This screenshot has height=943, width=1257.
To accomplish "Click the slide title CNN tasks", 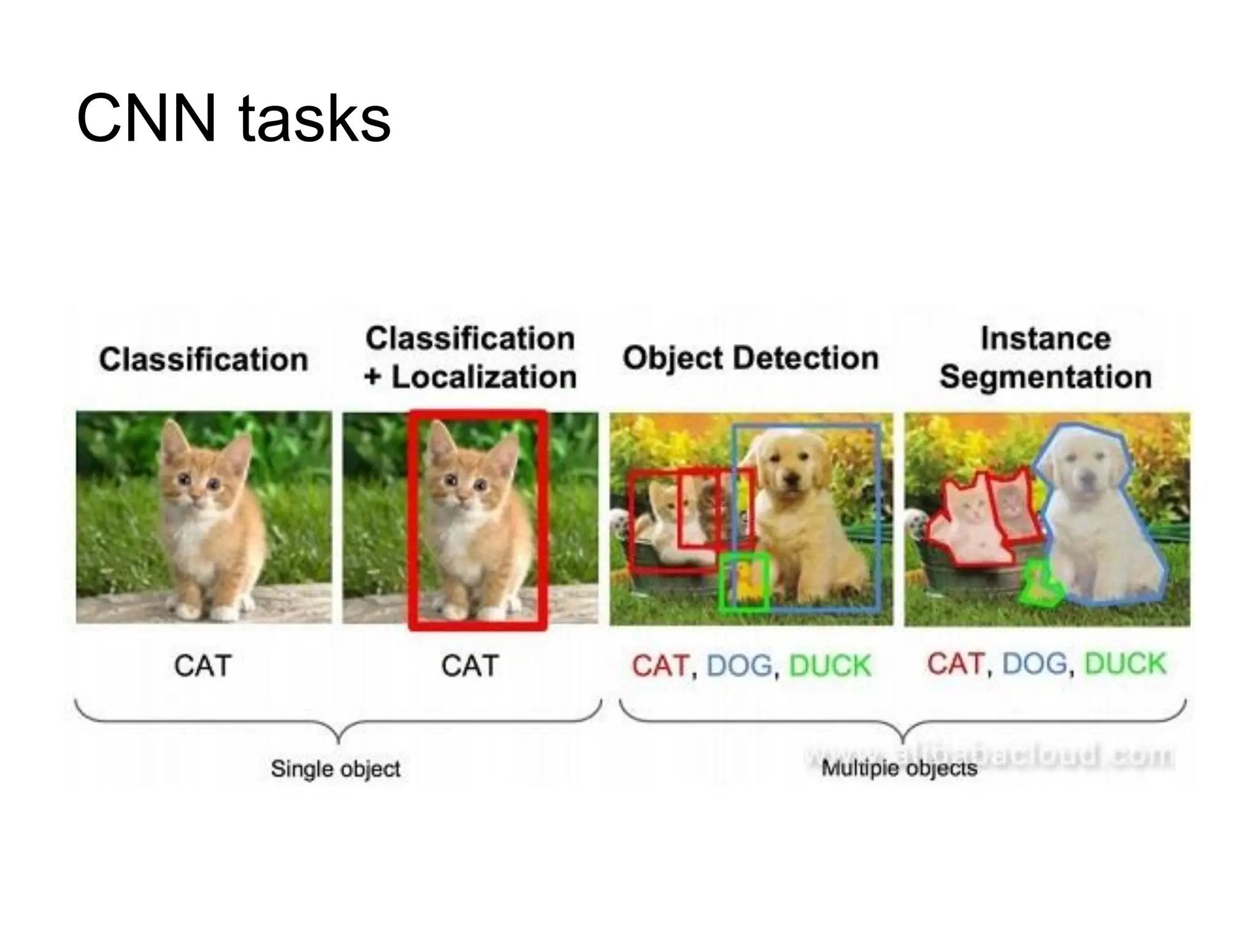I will [x=233, y=118].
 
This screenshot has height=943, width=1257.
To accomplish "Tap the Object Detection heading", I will [x=750, y=358].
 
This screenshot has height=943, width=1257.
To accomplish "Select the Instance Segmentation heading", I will [x=1045, y=358].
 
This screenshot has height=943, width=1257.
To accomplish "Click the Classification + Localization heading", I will [x=470, y=358].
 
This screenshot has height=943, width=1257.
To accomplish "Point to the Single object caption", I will [x=335, y=769].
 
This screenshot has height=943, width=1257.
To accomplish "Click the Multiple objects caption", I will [x=899, y=769].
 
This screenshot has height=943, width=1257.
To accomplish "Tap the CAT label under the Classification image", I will [x=203, y=666].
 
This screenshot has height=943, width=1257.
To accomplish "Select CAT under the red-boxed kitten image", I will [x=470, y=666].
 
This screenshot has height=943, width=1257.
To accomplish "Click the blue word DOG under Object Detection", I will [x=739, y=666].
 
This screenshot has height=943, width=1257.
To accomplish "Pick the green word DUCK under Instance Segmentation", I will [x=1125, y=664].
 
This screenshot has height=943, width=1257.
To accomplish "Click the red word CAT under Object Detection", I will [x=660, y=666].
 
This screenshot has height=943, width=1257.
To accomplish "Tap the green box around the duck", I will [x=744, y=581].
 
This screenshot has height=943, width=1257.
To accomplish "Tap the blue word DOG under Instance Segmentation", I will [x=1035, y=664].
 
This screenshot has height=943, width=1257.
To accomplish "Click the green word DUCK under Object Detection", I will [x=830, y=666].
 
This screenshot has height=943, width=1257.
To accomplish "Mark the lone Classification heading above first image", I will [x=203, y=359].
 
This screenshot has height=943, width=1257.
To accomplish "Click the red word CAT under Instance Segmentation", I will [x=955, y=664].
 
